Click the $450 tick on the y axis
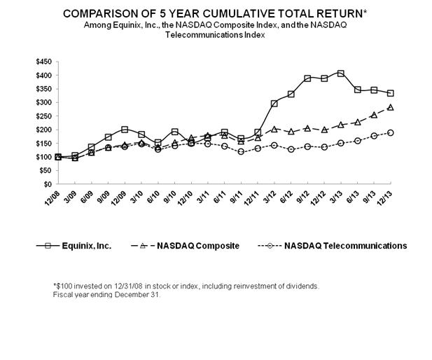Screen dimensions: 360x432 43,62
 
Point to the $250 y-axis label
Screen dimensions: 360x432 43,116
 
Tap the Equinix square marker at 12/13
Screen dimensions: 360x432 390,93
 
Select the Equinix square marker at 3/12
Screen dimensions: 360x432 274,104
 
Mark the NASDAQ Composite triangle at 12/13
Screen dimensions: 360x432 390,107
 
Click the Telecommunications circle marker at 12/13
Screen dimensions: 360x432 390,132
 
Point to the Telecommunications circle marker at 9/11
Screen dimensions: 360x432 240,151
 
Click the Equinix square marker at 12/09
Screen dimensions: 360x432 125,130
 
